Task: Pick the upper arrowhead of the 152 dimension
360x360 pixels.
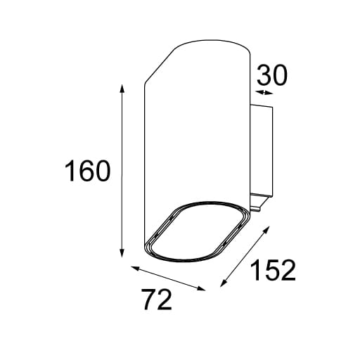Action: [269, 227]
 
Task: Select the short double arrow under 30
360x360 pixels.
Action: [264, 93]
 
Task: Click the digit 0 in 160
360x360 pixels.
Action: [101, 172]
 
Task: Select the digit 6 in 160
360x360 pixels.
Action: [86, 172]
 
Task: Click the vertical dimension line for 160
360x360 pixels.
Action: [123, 172]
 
